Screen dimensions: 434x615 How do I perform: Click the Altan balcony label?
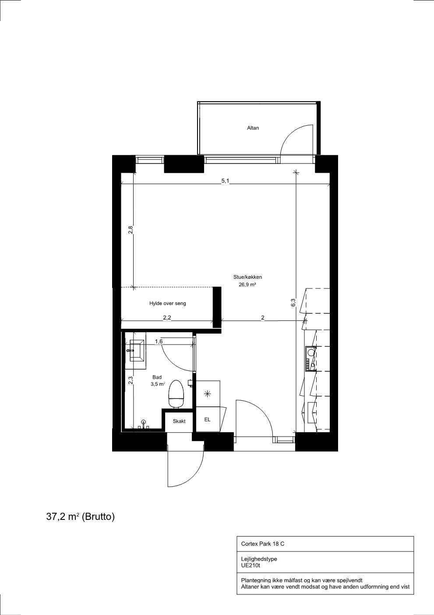(253, 128)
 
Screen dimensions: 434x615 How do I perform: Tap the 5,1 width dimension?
(225, 181)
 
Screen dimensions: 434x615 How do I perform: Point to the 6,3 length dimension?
(293, 302)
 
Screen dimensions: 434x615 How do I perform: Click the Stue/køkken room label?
(247, 277)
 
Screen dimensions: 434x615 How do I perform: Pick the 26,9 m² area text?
(247, 284)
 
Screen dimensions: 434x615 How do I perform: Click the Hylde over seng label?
(167, 303)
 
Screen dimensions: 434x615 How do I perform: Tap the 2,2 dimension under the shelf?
(167, 318)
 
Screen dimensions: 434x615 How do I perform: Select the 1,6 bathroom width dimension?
(159, 341)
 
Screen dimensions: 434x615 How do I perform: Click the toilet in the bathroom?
(176, 394)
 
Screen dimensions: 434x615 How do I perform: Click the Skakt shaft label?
(179, 421)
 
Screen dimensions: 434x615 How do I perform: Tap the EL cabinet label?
(207, 419)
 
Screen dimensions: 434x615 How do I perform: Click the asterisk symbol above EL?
(208, 394)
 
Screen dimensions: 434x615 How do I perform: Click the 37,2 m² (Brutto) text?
(81, 517)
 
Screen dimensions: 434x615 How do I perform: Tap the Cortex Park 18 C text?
(262, 544)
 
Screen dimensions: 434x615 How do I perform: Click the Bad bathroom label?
(157, 377)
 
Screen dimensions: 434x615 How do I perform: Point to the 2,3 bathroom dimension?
(131, 380)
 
